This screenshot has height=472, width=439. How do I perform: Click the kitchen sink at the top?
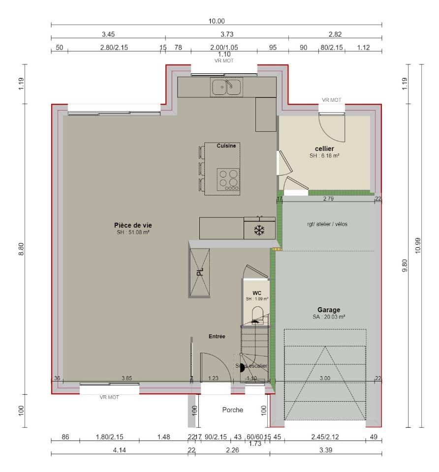226,87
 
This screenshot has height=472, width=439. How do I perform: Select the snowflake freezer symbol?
258,231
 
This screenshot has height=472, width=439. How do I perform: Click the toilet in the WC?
257,315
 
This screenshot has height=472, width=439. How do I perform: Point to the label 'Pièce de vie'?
130,225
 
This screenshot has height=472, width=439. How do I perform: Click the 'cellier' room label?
325,148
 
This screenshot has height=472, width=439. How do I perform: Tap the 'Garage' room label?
328,310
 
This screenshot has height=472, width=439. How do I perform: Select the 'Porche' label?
232,410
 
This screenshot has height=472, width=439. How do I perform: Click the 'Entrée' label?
217,336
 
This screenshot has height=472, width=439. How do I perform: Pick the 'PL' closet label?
200,272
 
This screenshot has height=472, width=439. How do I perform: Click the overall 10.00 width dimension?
217,21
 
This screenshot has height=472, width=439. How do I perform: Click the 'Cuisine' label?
226,146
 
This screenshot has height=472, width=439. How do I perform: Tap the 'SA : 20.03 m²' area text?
328,318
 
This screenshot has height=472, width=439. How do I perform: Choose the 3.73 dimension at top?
226,34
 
